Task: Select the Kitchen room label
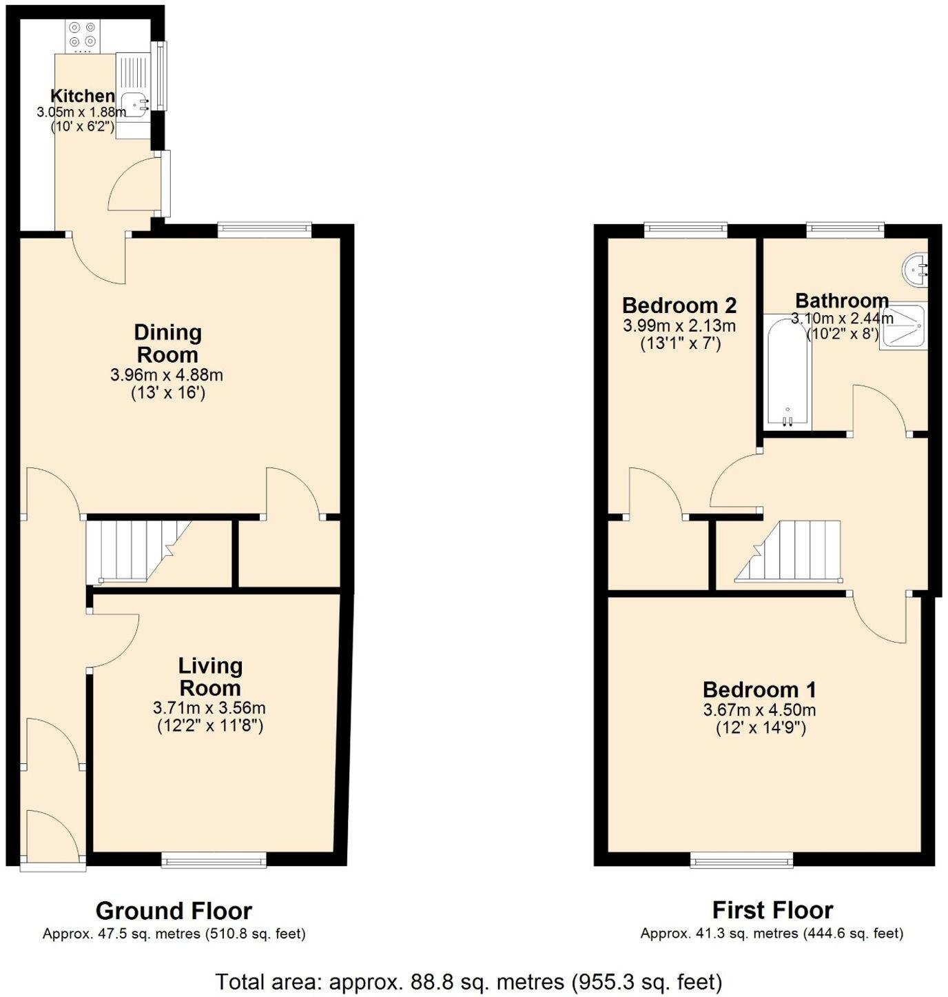[x=83, y=96]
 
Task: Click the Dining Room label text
[x=167, y=343]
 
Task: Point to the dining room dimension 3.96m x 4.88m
[x=167, y=376]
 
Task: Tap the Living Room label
[x=210, y=676]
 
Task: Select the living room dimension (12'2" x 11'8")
[x=209, y=725]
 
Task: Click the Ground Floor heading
[x=174, y=911]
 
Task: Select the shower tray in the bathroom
[x=903, y=329]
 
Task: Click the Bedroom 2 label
[x=679, y=305]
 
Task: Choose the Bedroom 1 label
[x=759, y=689]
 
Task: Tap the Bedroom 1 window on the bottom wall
[x=742, y=859]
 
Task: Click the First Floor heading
[x=772, y=911]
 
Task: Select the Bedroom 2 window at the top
[x=686, y=230]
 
